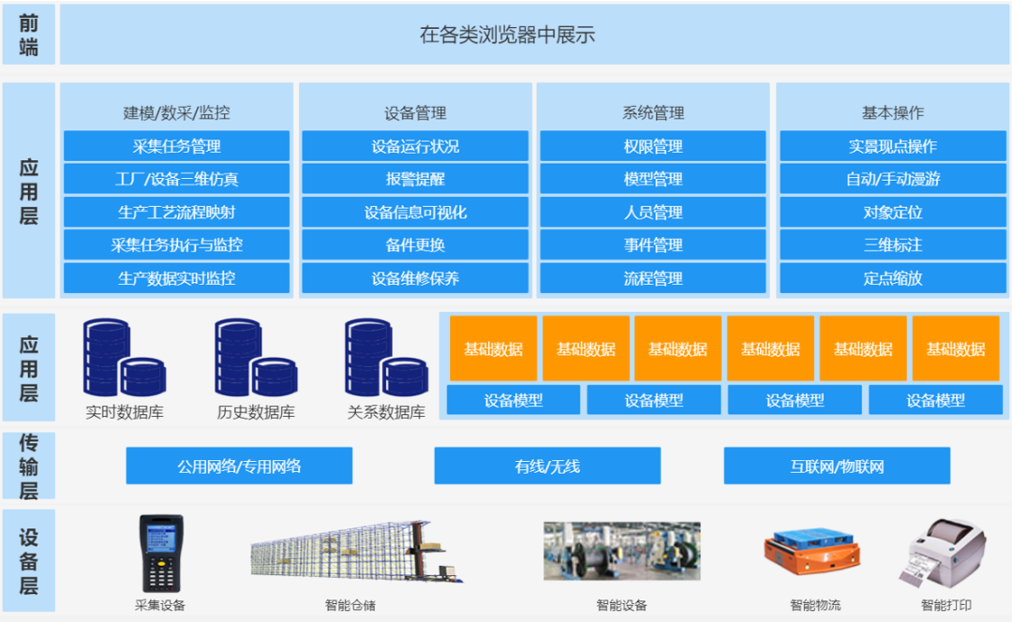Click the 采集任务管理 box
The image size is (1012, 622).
click(x=177, y=146)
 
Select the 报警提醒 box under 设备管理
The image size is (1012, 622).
click(x=415, y=179)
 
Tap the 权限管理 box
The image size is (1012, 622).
click(x=653, y=146)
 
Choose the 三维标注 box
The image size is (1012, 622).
click(x=892, y=244)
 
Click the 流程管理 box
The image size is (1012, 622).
click(x=653, y=278)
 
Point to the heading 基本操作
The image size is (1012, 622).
click(x=892, y=112)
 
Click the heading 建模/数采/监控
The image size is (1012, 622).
click(x=177, y=112)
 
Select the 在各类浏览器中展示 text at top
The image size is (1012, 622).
click(x=507, y=36)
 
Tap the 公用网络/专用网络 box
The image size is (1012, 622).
click(x=239, y=466)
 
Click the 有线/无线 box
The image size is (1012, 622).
click(x=547, y=466)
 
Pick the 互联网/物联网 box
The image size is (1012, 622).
click(x=837, y=466)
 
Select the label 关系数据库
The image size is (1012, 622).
click(x=386, y=412)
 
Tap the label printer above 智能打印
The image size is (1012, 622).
click(x=945, y=555)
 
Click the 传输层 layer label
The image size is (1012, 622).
click(x=29, y=466)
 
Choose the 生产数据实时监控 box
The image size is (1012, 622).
click(x=177, y=278)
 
